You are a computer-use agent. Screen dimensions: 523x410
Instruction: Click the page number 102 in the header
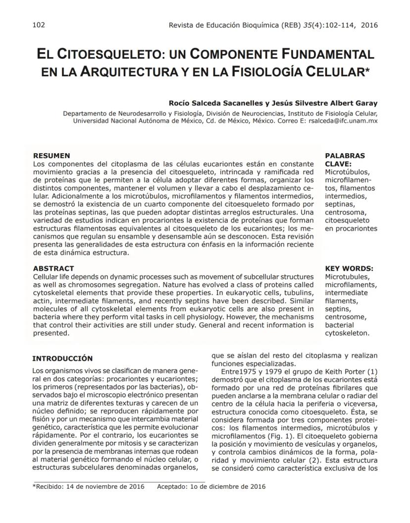coord(38,25)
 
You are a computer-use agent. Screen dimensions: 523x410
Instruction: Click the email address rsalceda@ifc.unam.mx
coord(343,120)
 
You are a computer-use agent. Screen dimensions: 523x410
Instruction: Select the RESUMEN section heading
coord(51,156)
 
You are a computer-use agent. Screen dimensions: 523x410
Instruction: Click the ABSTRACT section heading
coord(53,269)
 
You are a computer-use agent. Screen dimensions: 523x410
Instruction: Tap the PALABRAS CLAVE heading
coord(345,159)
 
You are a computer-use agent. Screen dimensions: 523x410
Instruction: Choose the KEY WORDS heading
coord(349,269)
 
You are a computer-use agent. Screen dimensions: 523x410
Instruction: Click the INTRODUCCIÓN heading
coord(62,358)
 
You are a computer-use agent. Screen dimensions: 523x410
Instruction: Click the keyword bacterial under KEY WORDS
coord(339,325)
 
